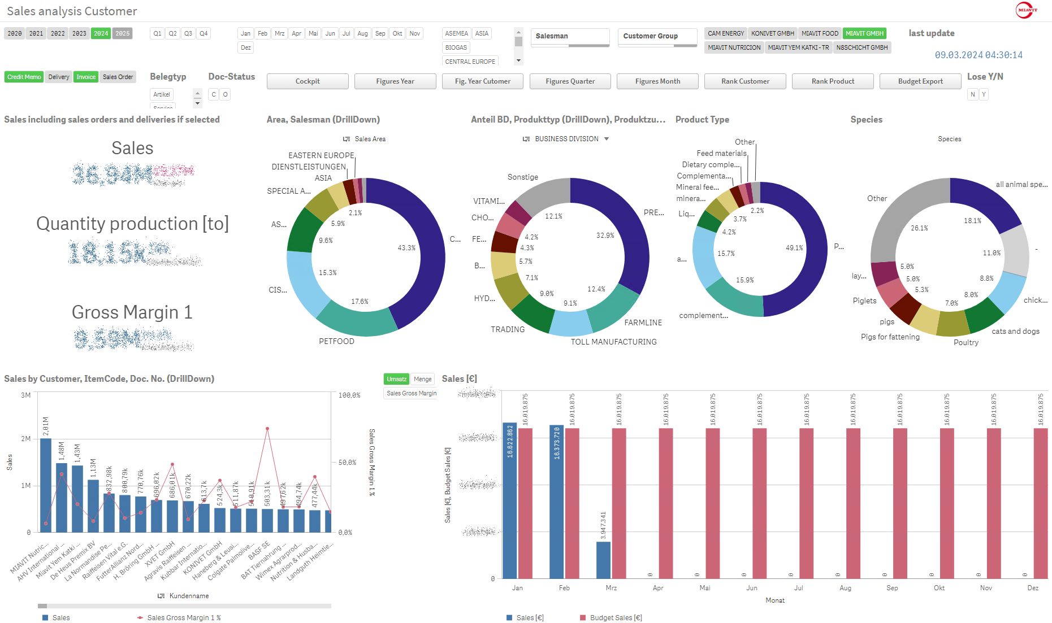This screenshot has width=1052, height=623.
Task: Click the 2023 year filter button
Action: [79, 33]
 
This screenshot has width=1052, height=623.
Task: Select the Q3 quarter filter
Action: [188, 33]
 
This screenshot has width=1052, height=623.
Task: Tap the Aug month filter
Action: [362, 33]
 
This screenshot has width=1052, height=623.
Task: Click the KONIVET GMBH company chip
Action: [772, 33]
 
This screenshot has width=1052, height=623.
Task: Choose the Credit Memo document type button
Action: [24, 77]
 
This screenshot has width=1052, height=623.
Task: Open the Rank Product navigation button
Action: [832, 81]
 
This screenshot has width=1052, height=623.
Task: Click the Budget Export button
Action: [920, 81]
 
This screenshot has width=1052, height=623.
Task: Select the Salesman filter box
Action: [570, 36]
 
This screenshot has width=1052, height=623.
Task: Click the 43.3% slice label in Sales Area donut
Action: [406, 248]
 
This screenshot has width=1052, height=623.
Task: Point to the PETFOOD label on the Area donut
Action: [336, 341]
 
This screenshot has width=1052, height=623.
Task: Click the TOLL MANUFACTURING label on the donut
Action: [613, 342]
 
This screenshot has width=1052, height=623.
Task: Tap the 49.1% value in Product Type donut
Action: [794, 248]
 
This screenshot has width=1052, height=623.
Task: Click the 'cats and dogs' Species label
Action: [1015, 332]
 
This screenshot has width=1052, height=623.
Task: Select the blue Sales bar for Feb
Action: [556, 502]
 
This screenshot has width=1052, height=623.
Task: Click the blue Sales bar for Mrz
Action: [603, 559]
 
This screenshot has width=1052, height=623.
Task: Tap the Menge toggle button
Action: [422, 379]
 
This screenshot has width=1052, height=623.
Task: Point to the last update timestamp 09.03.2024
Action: [978, 55]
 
